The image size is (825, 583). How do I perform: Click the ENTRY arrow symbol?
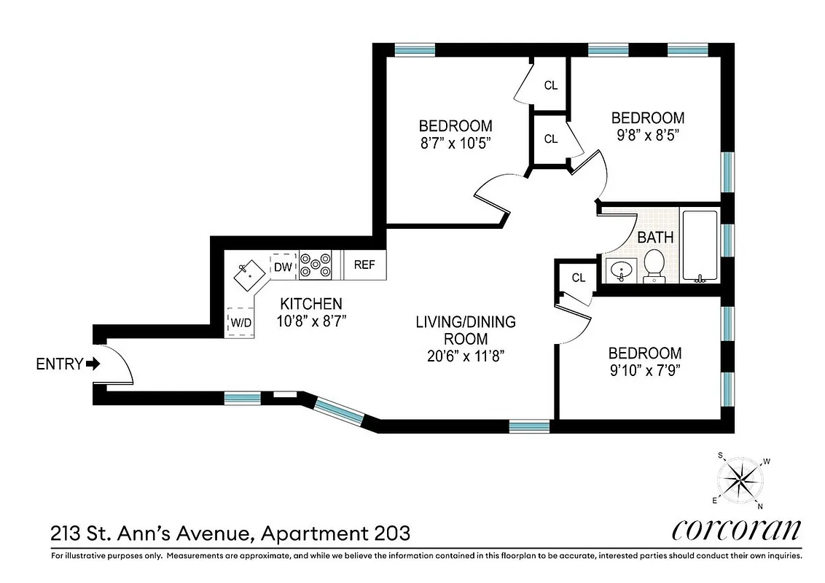(93, 364)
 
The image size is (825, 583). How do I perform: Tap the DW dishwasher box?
(283, 267)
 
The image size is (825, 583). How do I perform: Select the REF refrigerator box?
(364, 265)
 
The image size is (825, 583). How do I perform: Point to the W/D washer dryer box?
(241, 322)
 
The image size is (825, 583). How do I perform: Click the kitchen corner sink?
(249, 274)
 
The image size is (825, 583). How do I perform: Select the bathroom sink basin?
(621, 270)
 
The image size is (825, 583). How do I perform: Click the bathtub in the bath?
(700, 246)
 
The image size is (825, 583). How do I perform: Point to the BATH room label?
(655, 238)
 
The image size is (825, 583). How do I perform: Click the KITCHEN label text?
(311, 304)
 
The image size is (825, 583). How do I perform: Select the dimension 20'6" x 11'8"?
(466, 356)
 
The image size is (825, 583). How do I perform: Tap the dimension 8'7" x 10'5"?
(455, 144)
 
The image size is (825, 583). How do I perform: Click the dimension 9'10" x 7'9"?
(645, 370)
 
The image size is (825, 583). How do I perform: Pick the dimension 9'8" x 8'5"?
(647, 136)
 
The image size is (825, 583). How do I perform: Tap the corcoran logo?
(736, 531)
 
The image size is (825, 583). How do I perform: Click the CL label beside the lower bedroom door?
(578, 278)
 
